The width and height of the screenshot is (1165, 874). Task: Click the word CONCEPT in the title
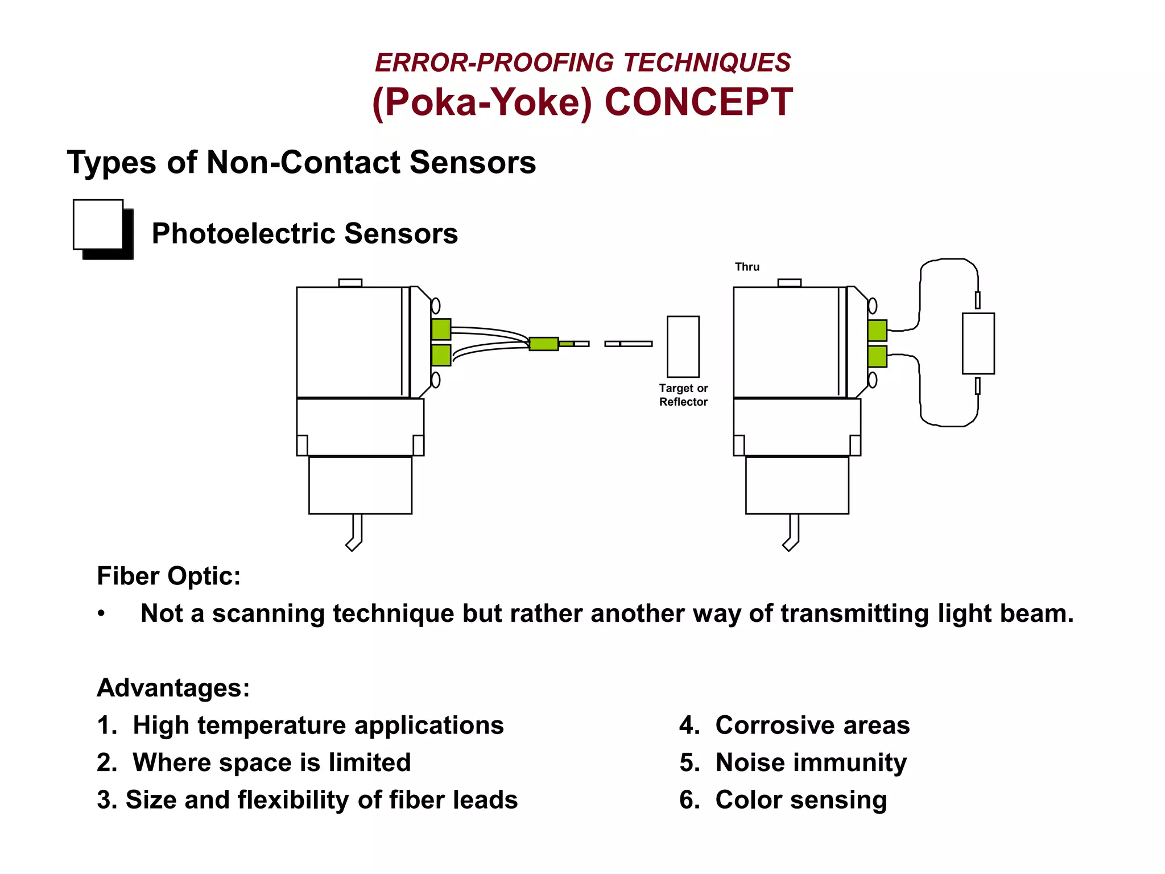pyautogui.click(x=698, y=102)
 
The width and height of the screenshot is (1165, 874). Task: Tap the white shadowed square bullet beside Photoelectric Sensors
pyautogui.click(x=98, y=224)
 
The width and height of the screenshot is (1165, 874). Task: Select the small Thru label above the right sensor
pyautogui.click(x=747, y=267)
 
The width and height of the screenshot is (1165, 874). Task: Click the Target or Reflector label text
pyautogui.click(x=683, y=395)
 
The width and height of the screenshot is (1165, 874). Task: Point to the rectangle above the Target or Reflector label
pyautogui.click(x=683, y=347)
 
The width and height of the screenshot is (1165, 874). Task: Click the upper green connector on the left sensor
pyautogui.click(x=441, y=329)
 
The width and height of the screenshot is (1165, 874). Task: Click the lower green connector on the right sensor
pyautogui.click(x=877, y=357)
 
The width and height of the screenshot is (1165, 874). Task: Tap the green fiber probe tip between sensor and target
pyautogui.click(x=544, y=344)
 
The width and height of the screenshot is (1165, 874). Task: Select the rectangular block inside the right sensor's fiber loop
pyautogui.click(x=978, y=343)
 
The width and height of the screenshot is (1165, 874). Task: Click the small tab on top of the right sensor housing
pyautogui.click(x=789, y=283)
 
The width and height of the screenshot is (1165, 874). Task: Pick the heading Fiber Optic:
pyautogui.click(x=169, y=576)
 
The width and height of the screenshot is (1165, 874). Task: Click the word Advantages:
pyautogui.click(x=173, y=687)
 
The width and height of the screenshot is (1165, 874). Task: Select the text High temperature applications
pyautogui.click(x=318, y=725)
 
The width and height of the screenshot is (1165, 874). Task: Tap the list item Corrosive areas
pyautogui.click(x=812, y=725)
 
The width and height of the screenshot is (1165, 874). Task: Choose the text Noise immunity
pyautogui.click(x=811, y=762)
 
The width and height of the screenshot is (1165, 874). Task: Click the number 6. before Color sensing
pyautogui.click(x=689, y=800)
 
